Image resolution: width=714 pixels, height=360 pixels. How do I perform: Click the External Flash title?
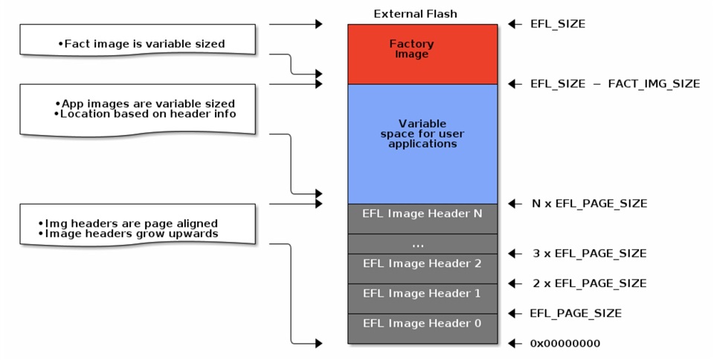(415, 13)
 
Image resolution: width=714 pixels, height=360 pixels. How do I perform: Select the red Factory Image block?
(422, 54)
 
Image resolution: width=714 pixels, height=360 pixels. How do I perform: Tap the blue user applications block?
(422, 143)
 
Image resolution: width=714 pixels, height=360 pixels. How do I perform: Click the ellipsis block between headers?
(422, 244)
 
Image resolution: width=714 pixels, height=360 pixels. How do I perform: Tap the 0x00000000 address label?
(565, 344)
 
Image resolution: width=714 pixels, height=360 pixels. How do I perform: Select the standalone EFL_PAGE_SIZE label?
(575, 313)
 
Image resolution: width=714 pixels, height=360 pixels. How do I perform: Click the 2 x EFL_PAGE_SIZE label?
(590, 283)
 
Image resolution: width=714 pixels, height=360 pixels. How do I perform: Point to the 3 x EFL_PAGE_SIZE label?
(590, 254)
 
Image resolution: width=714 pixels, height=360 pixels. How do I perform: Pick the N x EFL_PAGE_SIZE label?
(590, 203)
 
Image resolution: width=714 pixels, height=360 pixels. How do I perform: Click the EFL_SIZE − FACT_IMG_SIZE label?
(615, 84)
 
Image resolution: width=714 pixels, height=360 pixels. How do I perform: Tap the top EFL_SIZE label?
(558, 24)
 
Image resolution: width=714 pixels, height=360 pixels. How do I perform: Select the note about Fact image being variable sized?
(141, 44)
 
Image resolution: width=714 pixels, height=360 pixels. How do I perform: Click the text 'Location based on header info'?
(145, 114)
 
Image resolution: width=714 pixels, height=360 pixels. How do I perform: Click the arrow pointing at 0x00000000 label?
(514, 344)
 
